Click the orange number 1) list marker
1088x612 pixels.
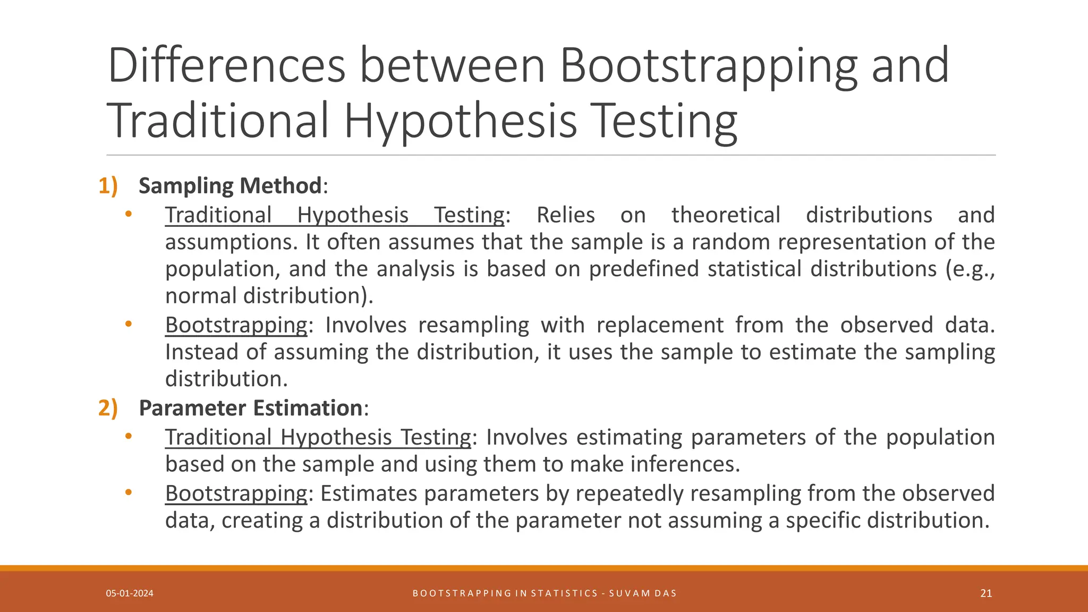108,186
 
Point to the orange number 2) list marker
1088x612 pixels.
108,408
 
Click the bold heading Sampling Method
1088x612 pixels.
230,186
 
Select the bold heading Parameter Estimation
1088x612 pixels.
251,408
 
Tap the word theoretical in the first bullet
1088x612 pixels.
726,215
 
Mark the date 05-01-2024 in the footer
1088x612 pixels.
130,593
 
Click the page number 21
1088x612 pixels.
986,593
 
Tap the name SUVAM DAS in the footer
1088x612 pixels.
643,593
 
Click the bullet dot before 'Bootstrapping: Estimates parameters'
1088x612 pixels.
128,492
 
